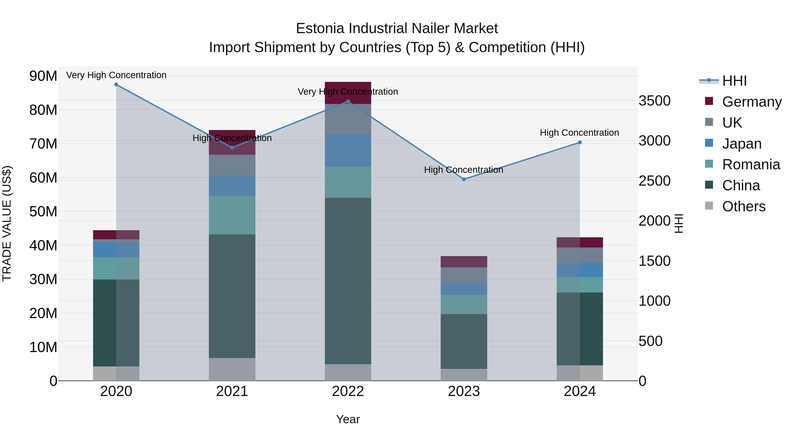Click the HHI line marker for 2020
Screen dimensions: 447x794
[116, 85]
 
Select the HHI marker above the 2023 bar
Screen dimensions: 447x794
[464, 179]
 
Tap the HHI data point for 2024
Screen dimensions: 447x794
[580, 143]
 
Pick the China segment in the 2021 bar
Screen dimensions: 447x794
[232, 296]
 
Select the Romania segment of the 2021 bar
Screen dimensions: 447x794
[232, 215]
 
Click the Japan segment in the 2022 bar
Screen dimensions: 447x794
[348, 150]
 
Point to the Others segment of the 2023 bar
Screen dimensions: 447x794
[464, 375]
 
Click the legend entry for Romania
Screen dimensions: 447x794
[751, 164]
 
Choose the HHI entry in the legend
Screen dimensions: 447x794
[734, 81]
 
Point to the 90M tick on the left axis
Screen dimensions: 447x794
[43, 76]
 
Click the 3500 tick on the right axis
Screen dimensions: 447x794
[654, 101]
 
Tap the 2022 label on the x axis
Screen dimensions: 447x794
[348, 391]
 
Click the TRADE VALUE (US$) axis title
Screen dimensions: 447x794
[7, 223]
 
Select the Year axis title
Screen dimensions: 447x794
[348, 419]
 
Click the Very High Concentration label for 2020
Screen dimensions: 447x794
[116, 75]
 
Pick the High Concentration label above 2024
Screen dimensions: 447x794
[579, 133]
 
